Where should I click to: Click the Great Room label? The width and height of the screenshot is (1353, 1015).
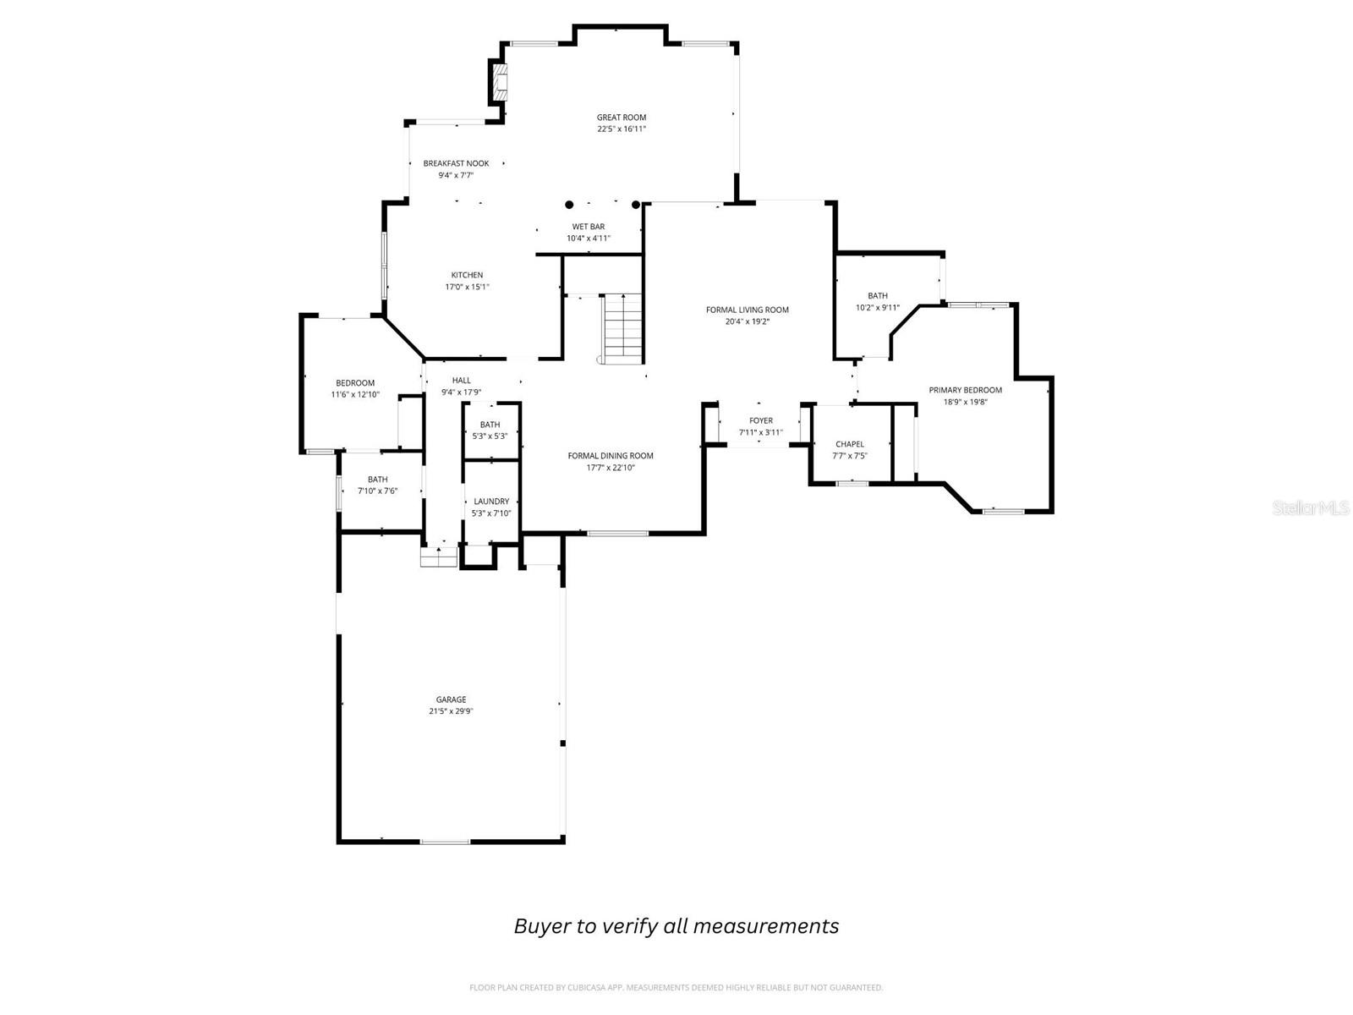[622, 118]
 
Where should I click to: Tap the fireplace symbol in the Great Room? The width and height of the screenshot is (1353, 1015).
[501, 81]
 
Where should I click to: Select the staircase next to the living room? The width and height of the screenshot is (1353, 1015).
[623, 326]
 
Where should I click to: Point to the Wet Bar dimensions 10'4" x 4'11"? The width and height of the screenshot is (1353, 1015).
[589, 239]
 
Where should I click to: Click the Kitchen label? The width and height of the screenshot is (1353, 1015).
[467, 275]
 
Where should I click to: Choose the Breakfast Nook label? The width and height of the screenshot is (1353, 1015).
[456, 163]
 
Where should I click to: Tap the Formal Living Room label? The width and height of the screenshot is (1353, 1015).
[747, 310]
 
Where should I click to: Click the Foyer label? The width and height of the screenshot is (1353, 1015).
[761, 420]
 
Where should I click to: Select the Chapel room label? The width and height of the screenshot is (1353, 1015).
[850, 444]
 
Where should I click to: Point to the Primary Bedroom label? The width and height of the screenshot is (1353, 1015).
[965, 390]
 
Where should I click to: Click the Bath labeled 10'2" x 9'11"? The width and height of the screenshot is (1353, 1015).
[878, 296]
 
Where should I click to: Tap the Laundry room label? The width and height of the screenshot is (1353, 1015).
[491, 502]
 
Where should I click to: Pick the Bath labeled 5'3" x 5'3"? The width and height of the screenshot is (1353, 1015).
[490, 425]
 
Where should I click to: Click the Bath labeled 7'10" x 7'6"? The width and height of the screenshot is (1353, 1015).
[377, 480]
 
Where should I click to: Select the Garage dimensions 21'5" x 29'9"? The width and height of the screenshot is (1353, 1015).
[451, 711]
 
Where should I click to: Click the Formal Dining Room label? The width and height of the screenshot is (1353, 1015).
[611, 456]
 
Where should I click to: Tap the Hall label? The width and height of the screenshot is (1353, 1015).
[461, 381]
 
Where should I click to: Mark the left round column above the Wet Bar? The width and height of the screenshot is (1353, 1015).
[569, 205]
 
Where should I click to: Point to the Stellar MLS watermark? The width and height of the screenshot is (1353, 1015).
[1310, 508]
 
